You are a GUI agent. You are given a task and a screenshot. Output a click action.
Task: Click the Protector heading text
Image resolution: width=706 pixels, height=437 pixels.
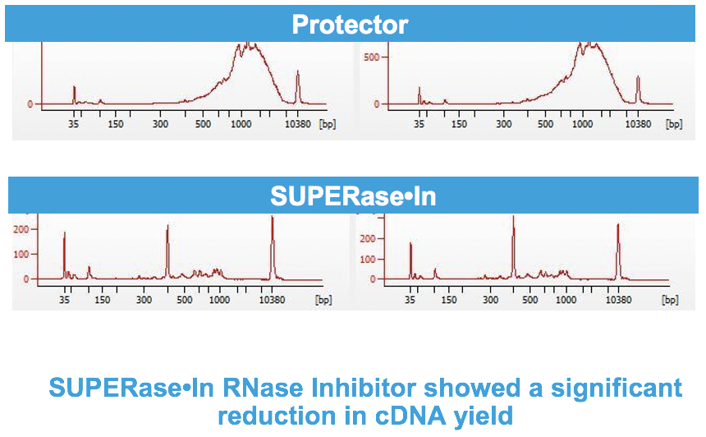pos(350,25)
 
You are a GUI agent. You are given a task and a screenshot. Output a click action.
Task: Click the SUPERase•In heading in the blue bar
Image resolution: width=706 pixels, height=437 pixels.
pos(353,196)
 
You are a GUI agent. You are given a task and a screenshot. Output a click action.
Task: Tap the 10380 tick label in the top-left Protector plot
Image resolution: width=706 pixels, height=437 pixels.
pos(298,124)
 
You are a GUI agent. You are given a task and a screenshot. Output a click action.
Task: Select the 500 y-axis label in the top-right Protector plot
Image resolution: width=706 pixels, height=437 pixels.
pos(371,57)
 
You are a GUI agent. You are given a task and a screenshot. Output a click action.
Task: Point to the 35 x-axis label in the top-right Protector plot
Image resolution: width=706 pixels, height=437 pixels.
pos(419,124)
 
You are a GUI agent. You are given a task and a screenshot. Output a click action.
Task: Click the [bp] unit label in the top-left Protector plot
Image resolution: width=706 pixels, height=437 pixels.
pos(328,124)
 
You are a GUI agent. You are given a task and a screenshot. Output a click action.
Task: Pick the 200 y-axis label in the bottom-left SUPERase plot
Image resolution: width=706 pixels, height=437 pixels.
pos(21,229)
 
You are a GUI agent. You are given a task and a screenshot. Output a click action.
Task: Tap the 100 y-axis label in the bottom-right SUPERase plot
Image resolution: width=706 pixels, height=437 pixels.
pos(368,259)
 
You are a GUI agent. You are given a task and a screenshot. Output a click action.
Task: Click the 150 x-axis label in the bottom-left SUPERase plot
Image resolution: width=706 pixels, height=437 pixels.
pos(103,300)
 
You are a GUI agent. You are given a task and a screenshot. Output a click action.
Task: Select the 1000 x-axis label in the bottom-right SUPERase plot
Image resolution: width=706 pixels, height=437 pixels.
pos(566,300)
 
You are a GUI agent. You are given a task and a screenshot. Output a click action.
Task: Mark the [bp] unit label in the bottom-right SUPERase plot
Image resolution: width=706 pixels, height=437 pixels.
pos(670,300)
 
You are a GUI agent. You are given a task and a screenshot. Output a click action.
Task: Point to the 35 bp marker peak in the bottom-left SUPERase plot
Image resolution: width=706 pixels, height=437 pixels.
pos(64,255)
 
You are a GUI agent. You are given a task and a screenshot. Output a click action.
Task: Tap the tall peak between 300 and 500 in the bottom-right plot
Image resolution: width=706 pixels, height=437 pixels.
pos(513,247)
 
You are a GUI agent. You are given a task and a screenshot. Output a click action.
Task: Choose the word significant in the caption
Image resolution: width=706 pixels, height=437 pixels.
pos(617,389)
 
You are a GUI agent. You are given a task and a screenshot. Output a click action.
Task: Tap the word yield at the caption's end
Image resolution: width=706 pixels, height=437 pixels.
pos(484,416)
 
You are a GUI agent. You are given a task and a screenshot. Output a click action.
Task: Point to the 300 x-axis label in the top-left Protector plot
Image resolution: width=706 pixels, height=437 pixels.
pos(160,124)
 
